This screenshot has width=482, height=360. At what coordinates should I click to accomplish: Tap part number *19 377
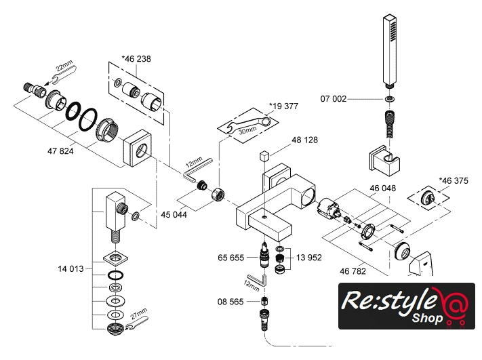(283, 106)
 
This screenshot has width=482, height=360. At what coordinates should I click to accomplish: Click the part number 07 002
(334, 99)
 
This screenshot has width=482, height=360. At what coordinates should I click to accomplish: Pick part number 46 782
(354, 271)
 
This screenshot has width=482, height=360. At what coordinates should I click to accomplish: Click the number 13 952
(307, 258)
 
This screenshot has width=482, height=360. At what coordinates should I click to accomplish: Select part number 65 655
(232, 258)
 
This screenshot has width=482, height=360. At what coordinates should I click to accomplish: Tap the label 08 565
(231, 302)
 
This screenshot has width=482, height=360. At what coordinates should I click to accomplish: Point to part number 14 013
(70, 269)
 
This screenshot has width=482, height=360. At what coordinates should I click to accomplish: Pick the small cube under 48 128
(264, 156)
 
